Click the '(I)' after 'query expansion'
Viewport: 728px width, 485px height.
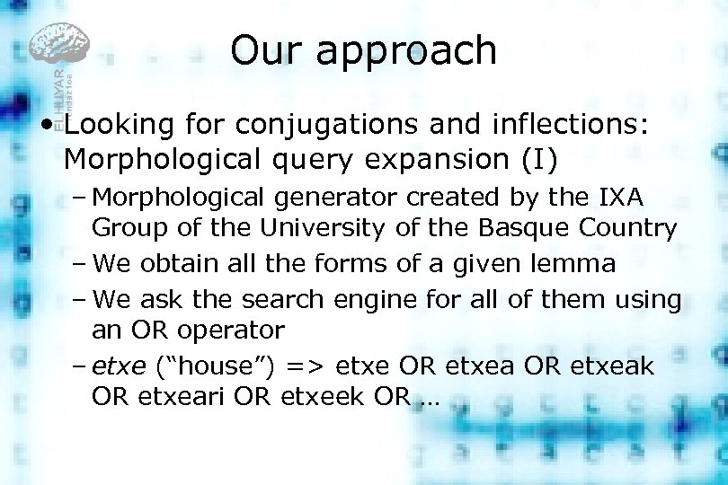[537, 159]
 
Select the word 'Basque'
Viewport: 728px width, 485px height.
[512, 228]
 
